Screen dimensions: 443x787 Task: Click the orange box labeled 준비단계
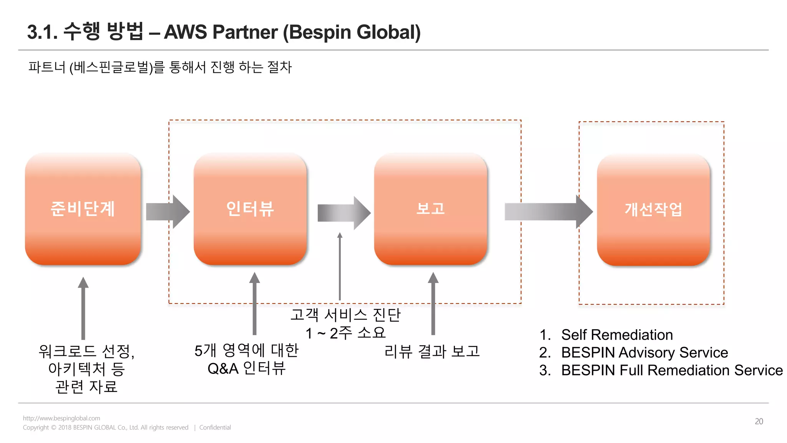coord(83,209)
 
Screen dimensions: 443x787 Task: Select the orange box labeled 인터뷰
coord(250,209)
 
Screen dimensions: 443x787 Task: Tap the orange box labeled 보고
coord(430,209)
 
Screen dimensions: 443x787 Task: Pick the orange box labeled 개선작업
coord(653,210)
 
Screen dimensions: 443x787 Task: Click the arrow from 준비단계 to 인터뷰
coord(168,212)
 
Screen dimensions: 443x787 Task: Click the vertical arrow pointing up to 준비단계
coord(83,308)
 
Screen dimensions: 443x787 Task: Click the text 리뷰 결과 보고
coord(432,351)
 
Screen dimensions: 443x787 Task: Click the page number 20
coord(759,421)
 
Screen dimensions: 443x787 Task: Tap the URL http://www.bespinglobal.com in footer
coord(61,418)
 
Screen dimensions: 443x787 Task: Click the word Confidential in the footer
coord(215,427)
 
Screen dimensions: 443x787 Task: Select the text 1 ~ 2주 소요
coord(345,333)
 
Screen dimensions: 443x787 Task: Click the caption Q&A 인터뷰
coord(246,368)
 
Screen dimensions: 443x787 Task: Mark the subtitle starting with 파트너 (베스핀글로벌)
coord(160,67)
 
